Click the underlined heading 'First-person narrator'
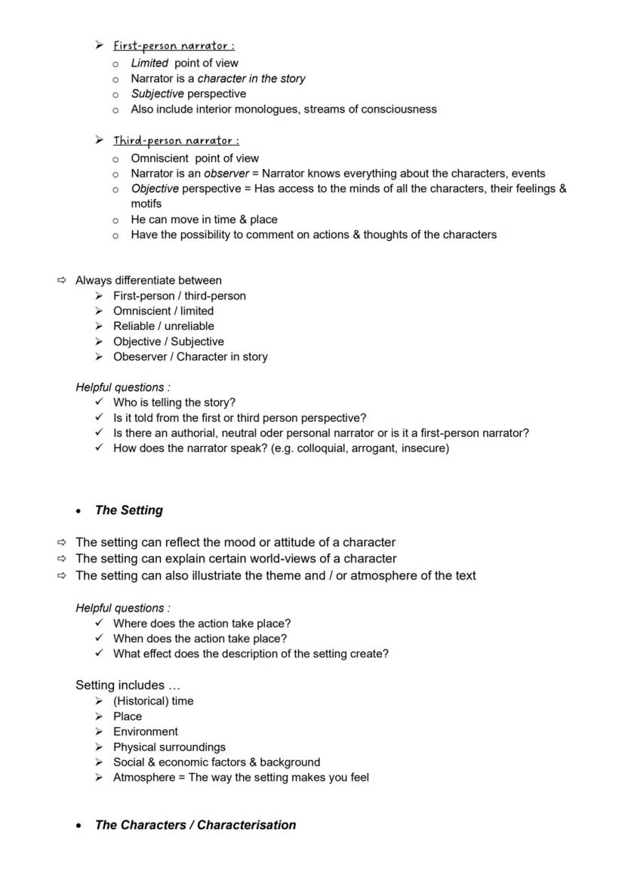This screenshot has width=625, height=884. tap(174, 46)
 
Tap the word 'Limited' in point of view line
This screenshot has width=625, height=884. tap(149, 63)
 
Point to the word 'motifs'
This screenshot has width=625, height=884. tap(146, 204)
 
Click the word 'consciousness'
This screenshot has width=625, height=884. tap(401, 109)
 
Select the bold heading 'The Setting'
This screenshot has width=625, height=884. tap(128, 510)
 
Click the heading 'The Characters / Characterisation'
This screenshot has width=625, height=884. tap(195, 825)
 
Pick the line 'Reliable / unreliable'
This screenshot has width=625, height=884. tap(163, 326)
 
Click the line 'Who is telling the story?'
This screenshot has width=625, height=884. tap(174, 402)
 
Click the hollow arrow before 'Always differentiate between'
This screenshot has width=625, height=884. tap(62, 281)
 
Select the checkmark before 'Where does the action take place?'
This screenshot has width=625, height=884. tap(99, 624)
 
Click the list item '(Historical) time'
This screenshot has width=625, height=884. tap(152, 701)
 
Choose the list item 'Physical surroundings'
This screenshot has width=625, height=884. tap(169, 747)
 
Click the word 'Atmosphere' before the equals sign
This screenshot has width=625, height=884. tap(143, 778)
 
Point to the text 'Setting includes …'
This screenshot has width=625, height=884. tap(128, 685)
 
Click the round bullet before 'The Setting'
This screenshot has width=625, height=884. tap(79, 511)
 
